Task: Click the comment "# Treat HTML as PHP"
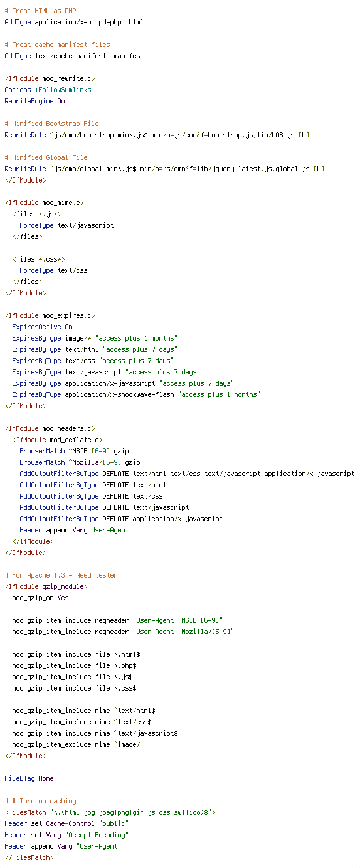point(40,11)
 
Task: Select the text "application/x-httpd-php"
point(78,22)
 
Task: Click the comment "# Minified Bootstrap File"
point(51,124)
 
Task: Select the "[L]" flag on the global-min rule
point(319,169)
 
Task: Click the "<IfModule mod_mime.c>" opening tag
point(44,203)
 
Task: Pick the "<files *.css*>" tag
point(38,259)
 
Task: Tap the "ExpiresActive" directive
point(36,327)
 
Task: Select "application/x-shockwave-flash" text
point(119,395)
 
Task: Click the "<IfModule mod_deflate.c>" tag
point(57,440)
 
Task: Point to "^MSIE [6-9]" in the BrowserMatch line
point(89,451)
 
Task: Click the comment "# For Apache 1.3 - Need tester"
point(61,576)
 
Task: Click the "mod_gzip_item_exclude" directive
point(51,745)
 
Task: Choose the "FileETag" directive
point(20,778)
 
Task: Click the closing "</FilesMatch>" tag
point(29,857)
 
